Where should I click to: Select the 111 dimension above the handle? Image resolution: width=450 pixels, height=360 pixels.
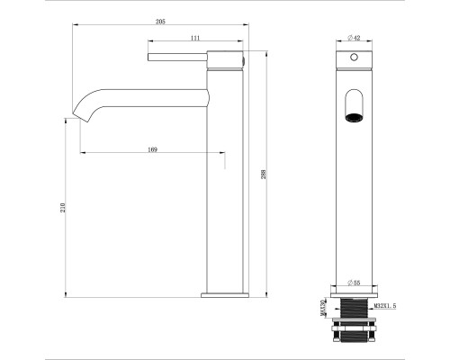click(194, 38)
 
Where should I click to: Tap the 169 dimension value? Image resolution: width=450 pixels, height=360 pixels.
click(153, 148)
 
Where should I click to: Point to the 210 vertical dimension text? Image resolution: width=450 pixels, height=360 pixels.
click(62, 208)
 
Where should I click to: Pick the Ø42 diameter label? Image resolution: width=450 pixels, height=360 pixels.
click(354, 38)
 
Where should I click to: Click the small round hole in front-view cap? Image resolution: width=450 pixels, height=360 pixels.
click(354, 57)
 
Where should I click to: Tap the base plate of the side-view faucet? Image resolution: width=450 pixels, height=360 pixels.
click(225, 294)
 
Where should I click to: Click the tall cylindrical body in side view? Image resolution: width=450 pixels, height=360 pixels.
click(225, 180)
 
